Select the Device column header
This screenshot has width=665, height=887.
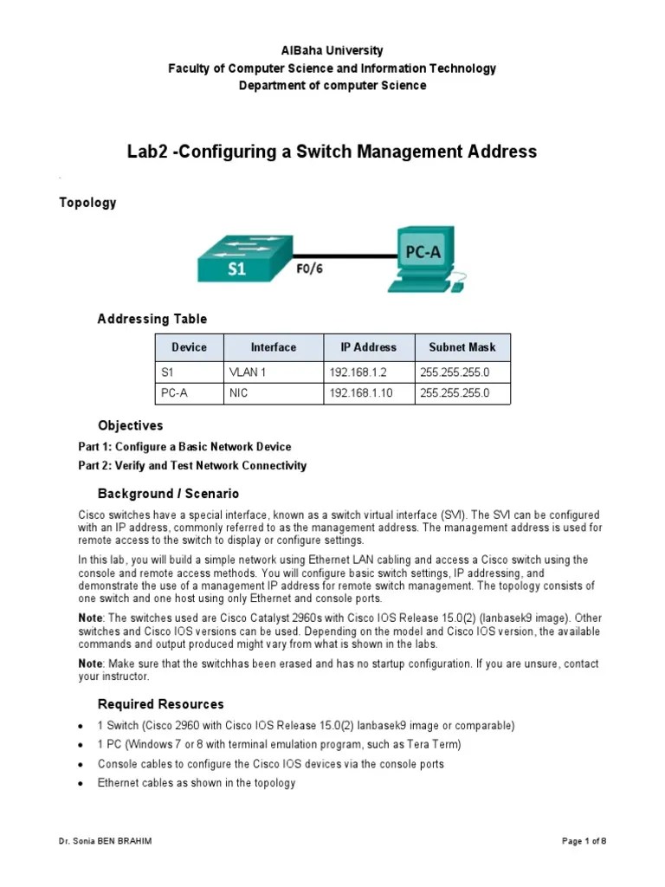point(189,347)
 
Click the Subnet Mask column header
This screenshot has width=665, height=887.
point(462,347)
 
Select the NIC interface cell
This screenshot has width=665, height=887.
point(239,392)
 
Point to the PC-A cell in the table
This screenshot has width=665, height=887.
point(176,392)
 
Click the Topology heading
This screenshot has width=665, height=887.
point(87,203)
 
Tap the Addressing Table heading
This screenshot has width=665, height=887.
point(152,320)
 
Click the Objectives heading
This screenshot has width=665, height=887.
point(130,425)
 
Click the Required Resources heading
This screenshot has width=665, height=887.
point(160,703)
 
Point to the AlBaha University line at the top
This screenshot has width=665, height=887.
point(332,51)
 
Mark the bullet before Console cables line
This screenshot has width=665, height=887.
point(80,765)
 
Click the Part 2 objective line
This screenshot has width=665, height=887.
point(192,465)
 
